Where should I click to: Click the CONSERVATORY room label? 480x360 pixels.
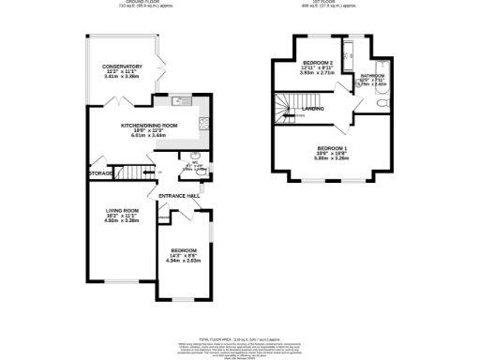[x=122, y=67]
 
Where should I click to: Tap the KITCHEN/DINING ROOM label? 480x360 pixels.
[x=149, y=125]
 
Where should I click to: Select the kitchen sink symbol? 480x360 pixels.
[x=180, y=101]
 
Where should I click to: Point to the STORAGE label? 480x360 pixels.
[x=100, y=173]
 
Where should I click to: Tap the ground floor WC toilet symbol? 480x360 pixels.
[x=195, y=157]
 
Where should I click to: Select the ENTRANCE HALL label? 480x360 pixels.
[x=178, y=195]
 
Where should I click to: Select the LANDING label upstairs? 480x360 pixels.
[x=314, y=108]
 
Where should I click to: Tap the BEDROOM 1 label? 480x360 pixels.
[x=334, y=148]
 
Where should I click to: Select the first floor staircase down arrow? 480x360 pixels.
[x=292, y=115]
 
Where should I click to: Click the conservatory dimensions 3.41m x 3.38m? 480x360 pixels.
[x=122, y=78]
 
